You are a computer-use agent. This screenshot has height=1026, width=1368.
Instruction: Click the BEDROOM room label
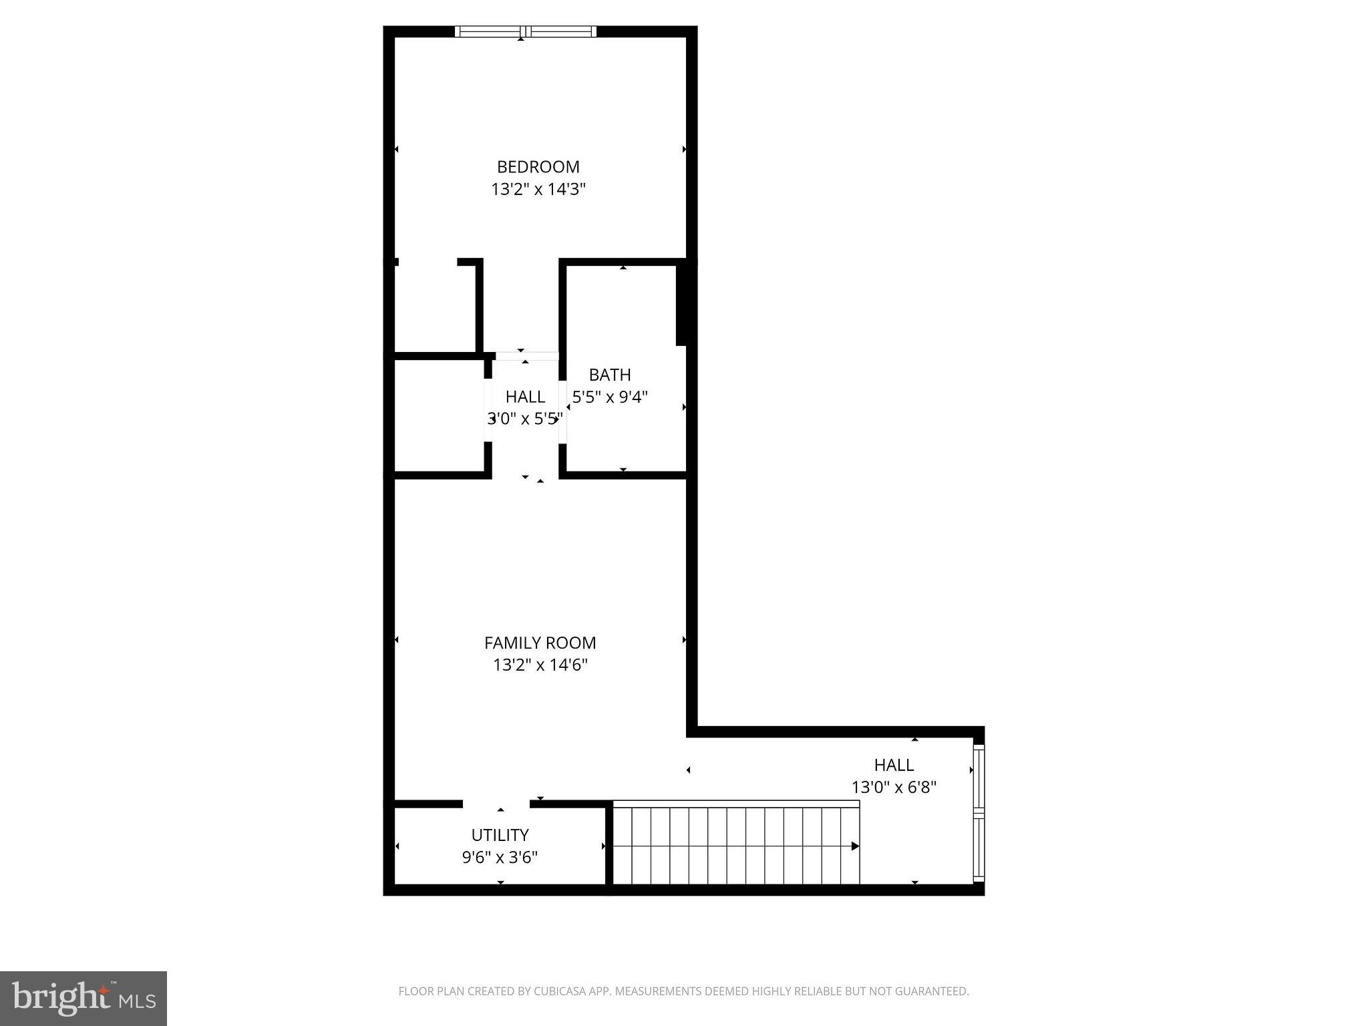538,166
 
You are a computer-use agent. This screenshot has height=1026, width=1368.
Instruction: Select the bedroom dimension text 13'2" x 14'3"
538,189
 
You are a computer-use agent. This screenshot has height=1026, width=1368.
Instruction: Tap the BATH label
609,375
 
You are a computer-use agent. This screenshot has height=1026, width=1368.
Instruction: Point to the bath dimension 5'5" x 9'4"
609,397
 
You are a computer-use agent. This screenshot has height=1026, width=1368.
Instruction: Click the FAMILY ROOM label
540,643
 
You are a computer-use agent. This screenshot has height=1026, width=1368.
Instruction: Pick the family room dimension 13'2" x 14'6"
540,665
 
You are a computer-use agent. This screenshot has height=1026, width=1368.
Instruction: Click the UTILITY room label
500,835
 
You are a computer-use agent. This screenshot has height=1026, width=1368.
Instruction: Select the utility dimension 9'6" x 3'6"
500,857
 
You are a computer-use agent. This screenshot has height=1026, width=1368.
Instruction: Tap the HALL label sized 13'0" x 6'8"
894,765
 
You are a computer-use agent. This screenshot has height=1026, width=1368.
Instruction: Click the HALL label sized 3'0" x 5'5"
525,397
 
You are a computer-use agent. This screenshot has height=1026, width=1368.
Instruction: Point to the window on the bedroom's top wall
526,31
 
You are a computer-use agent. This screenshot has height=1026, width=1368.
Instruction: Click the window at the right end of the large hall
979,812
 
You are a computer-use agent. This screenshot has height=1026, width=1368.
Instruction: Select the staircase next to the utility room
735,845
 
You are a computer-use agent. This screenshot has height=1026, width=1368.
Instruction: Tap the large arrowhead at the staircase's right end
855,846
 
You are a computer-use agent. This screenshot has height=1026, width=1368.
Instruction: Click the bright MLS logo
83,999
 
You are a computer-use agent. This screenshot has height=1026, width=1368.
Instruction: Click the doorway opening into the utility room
496,804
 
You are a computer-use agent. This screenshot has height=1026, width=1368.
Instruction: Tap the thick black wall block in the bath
682,305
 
